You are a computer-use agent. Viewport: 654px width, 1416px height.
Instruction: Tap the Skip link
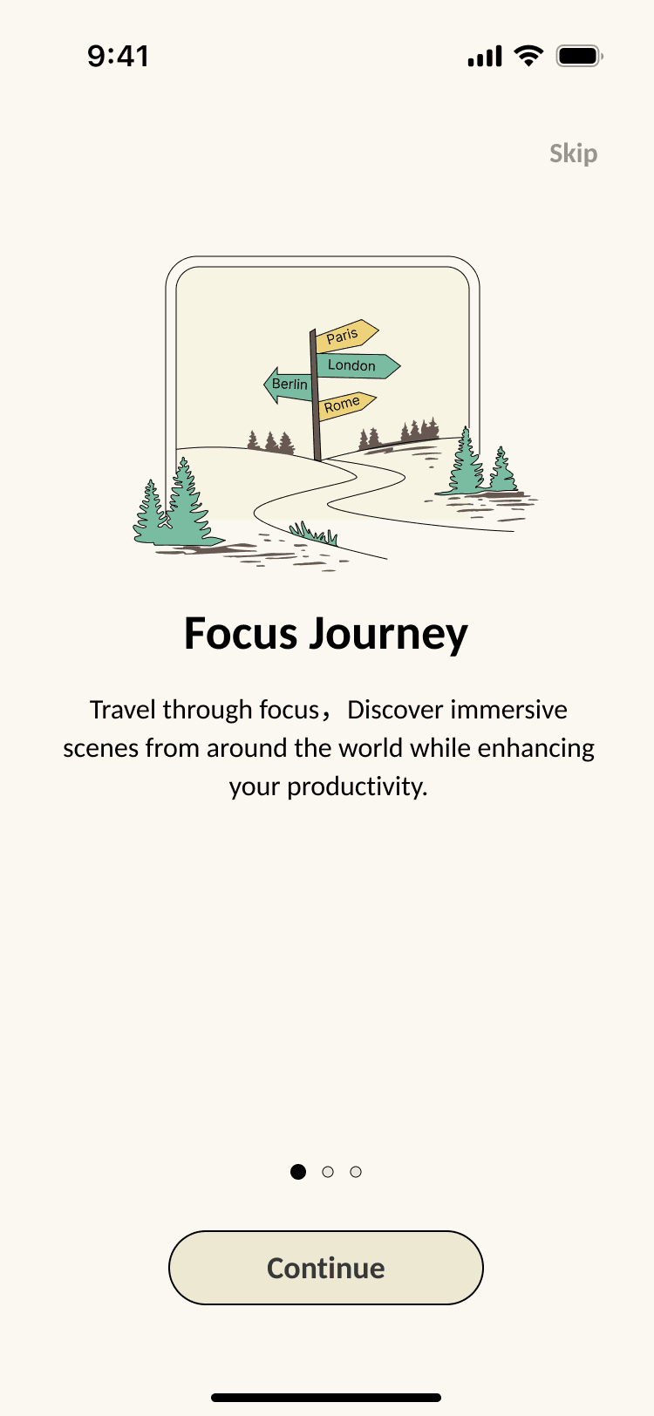point(573,154)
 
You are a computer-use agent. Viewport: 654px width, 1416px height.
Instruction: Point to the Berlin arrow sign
point(288,385)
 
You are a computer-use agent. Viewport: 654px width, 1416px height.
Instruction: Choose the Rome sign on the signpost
point(344,405)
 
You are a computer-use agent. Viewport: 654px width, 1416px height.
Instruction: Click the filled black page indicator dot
point(298,1172)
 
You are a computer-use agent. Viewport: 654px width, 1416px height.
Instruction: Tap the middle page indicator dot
point(328,1172)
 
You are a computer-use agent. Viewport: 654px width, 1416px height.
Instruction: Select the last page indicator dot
point(356,1172)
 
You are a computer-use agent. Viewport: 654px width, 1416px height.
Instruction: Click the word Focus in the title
point(241,634)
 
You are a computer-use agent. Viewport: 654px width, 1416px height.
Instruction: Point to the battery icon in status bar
point(579,57)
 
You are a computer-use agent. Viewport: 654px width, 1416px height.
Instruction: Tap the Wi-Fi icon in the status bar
point(528,57)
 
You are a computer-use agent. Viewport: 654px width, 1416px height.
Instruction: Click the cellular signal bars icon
point(485,57)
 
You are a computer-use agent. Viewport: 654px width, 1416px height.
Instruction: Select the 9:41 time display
point(119,57)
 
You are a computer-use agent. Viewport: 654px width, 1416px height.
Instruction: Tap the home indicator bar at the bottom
point(326,1398)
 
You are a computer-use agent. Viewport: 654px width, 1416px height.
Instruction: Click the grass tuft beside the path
point(314,533)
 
